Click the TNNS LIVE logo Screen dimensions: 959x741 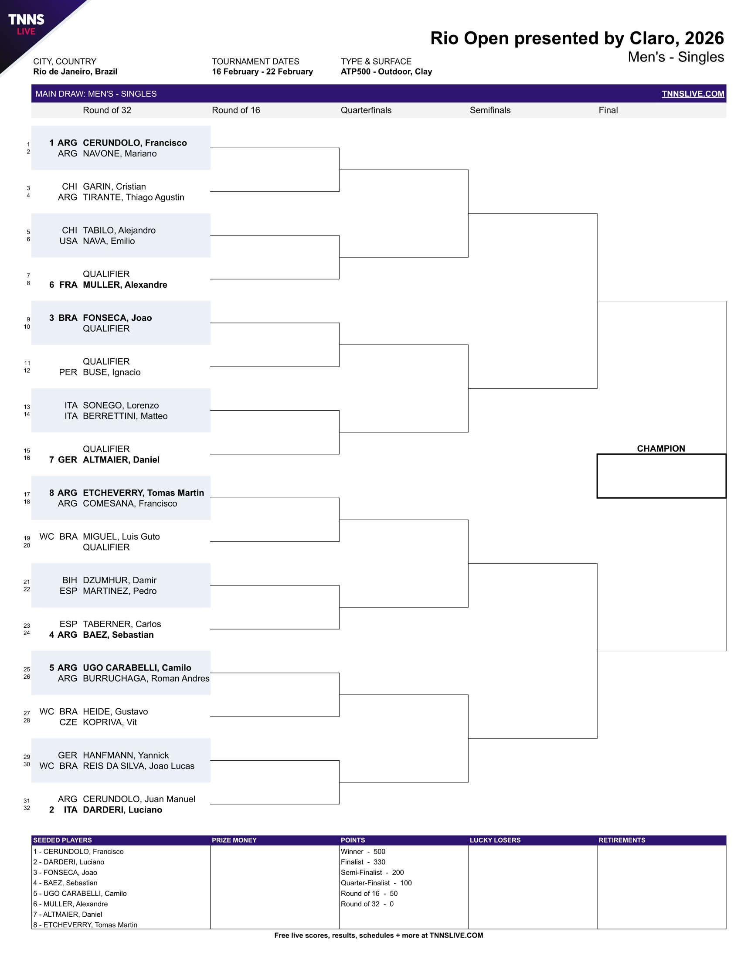click(x=26, y=24)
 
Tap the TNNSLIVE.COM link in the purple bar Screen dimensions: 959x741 click(x=692, y=94)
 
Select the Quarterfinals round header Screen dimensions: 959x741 click(x=366, y=110)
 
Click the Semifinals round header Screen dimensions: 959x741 click(x=490, y=110)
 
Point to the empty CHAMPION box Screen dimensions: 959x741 click(x=661, y=476)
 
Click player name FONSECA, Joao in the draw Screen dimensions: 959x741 click(x=117, y=317)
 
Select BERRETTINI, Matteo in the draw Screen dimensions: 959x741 click(x=125, y=416)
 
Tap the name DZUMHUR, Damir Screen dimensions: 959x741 click(x=119, y=580)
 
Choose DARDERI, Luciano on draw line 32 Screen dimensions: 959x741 click(x=122, y=810)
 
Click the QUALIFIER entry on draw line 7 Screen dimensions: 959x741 click(x=106, y=274)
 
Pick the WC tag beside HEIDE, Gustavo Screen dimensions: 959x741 click(x=47, y=711)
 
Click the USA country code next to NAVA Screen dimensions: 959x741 click(x=68, y=241)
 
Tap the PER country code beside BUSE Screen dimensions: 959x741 click(x=68, y=372)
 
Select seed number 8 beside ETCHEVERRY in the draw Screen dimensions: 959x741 click(x=52, y=493)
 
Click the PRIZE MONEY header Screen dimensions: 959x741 click(x=234, y=840)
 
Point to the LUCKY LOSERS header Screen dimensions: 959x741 click(x=495, y=840)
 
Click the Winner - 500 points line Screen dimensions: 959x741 click(x=363, y=851)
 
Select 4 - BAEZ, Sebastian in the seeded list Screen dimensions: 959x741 click(x=65, y=883)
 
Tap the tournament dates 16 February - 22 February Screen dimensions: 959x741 click(x=262, y=71)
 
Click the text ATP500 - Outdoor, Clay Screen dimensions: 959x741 click(x=386, y=71)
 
